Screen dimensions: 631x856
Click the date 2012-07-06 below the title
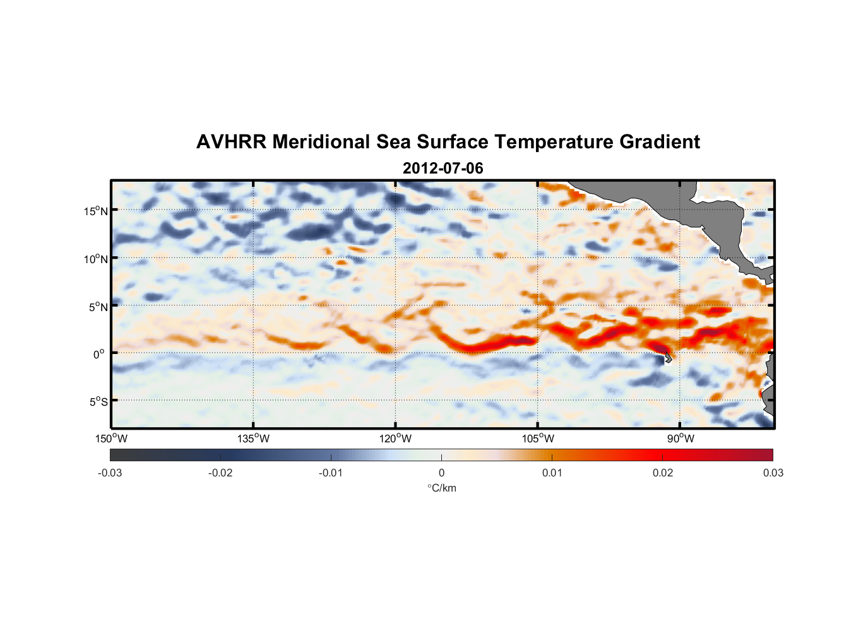(443, 168)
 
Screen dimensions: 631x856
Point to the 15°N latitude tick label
(96, 211)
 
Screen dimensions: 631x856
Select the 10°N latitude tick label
(96, 259)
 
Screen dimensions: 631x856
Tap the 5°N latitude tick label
(97, 307)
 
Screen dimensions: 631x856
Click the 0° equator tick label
(99, 355)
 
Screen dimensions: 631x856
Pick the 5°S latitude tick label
(97, 402)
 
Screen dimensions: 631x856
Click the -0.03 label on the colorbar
(110, 473)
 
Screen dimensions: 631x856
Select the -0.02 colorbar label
(220, 473)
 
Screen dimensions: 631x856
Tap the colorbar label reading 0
(441, 473)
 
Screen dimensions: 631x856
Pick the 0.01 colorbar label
(552, 473)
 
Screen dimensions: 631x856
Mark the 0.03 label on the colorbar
(773, 473)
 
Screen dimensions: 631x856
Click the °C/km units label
(441, 488)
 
